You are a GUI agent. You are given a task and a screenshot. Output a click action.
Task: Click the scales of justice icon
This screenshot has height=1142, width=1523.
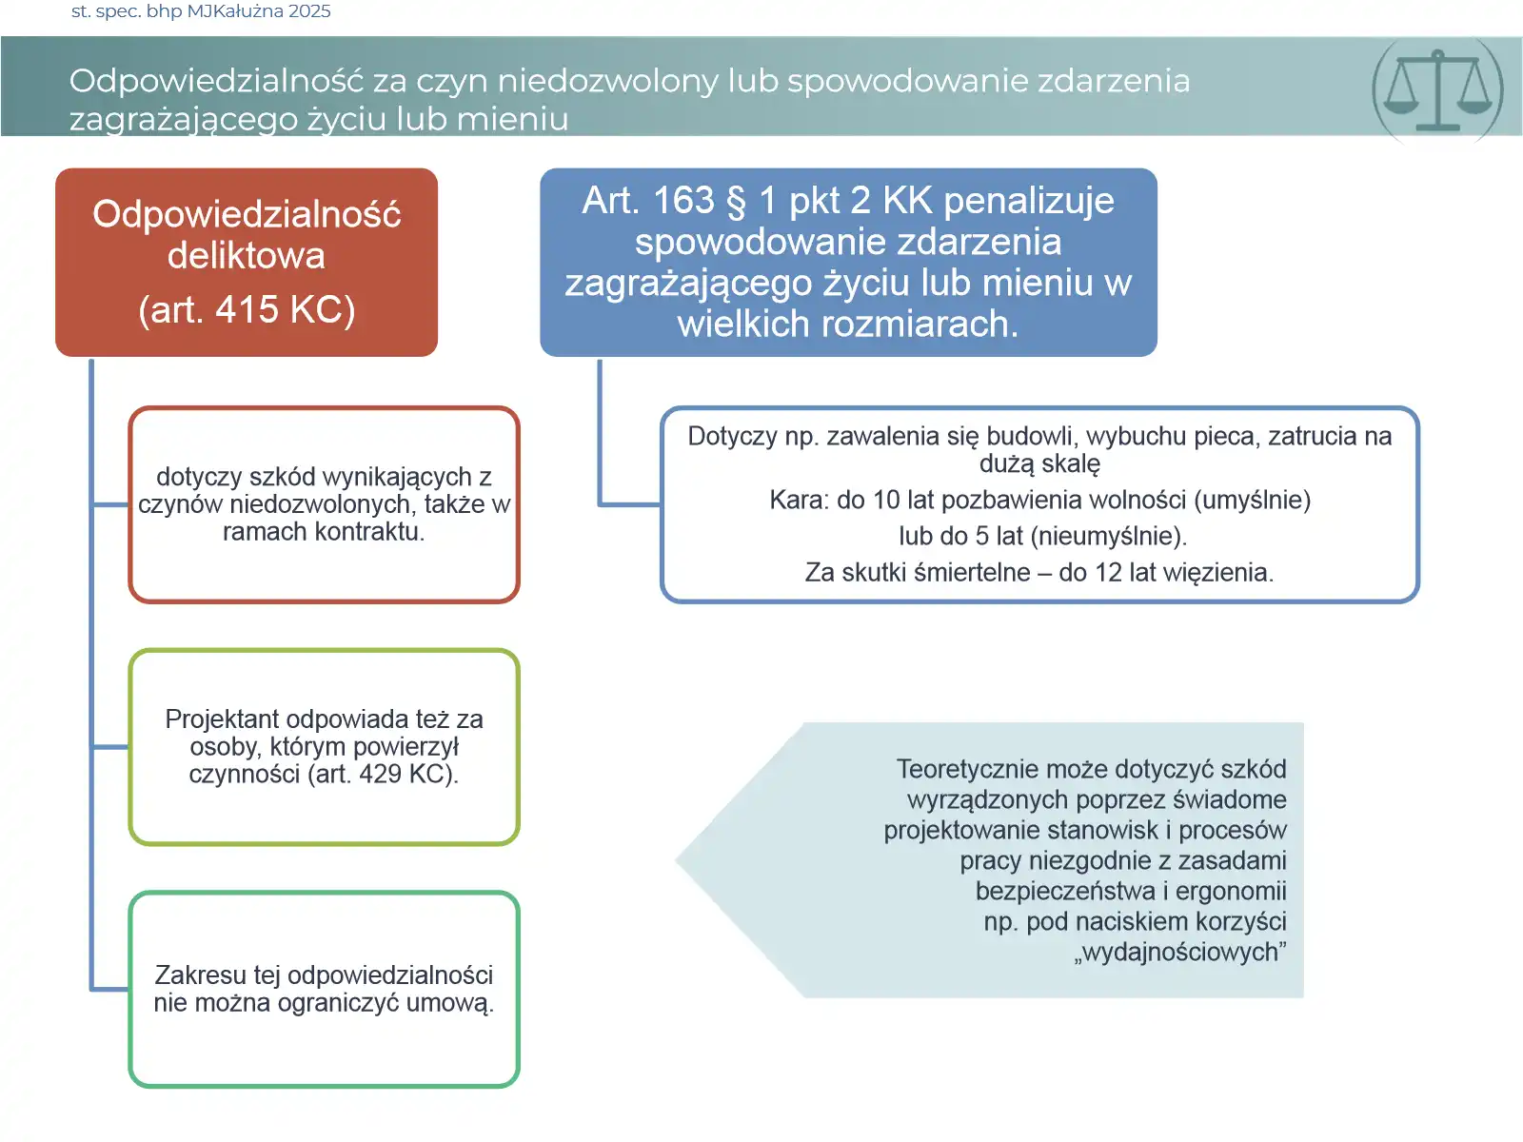pos(1437,90)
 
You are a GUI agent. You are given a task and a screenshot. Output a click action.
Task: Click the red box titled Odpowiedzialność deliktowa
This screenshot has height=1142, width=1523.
pos(247,262)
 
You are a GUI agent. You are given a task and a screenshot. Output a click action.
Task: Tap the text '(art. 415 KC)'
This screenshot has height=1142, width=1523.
pos(247,310)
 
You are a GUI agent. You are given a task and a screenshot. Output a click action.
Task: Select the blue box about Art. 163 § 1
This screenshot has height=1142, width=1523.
pos(848,262)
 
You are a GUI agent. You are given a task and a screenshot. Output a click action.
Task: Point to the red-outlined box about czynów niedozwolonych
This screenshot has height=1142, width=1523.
pos(324,504)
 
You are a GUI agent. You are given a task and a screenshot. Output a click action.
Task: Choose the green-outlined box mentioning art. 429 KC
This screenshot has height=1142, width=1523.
pos(324,747)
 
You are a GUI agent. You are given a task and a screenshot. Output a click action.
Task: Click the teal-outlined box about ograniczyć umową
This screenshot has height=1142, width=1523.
pos(324,989)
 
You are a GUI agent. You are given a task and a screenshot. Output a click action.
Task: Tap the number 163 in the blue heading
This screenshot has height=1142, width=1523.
pos(682,201)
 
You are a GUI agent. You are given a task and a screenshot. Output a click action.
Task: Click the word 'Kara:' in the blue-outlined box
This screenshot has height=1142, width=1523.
pos(799,501)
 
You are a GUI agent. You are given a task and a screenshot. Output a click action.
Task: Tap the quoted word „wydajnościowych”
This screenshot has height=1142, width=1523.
pos(1180,953)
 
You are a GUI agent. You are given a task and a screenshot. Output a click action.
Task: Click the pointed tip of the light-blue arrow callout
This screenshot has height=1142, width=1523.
pos(679,860)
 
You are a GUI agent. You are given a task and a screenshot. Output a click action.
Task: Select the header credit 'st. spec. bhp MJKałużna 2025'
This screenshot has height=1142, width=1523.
pos(201,11)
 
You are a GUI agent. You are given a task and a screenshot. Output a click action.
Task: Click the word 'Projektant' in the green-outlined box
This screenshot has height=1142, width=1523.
pos(222,719)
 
